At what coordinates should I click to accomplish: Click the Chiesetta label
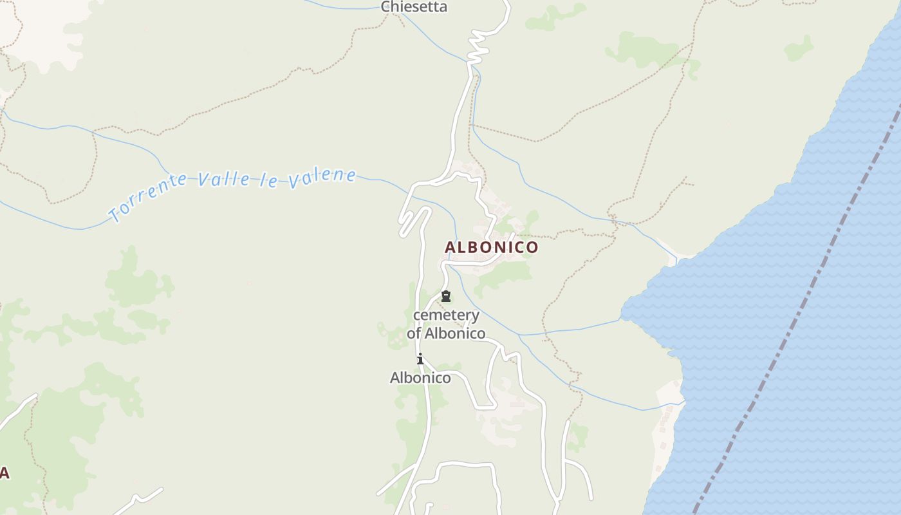coord(414,7)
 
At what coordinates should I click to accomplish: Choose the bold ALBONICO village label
coord(491,247)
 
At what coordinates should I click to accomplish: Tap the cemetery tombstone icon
coord(445,297)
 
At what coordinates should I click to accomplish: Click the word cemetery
coord(446,315)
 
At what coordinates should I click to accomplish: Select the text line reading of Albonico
coord(446,333)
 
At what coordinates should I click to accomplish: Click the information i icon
coord(420,359)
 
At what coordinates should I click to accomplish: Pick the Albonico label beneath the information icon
coord(420,378)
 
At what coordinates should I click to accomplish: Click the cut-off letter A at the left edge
coord(4,474)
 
